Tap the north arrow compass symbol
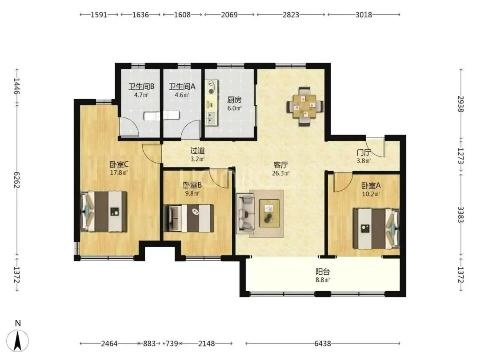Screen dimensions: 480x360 (x=18, y=340)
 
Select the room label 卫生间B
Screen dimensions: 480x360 (x=141, y=87)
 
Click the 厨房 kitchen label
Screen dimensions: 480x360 (x=235, y=100)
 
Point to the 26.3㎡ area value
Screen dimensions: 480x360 (x=281, y=173)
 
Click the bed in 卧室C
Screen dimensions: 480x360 (x=104, y=211)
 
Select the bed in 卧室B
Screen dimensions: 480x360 (x=188, y=218)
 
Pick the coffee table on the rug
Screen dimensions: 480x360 (x=269, y=213)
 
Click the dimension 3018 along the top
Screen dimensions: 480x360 (x=364, y=15)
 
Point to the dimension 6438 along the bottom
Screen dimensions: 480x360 (x=323, y=344)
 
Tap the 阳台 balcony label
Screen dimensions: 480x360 (x=323, y=272)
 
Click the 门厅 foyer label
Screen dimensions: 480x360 (x=364, y=152)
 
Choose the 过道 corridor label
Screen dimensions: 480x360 (x=197, y=151)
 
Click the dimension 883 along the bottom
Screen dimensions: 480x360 (x=149, y=344)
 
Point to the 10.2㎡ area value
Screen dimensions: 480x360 (x=371, y=194)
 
